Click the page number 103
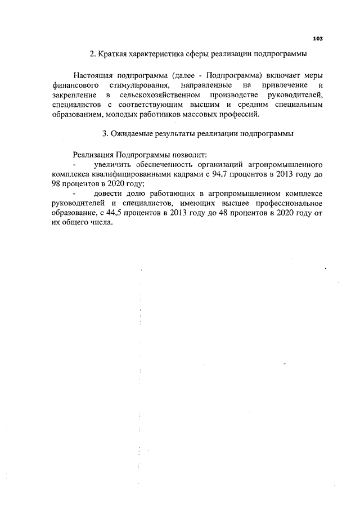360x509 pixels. click(317, 38)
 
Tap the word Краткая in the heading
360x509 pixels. click(116, 55)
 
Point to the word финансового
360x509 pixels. click(71, 85)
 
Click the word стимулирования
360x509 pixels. click(134, 85)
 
